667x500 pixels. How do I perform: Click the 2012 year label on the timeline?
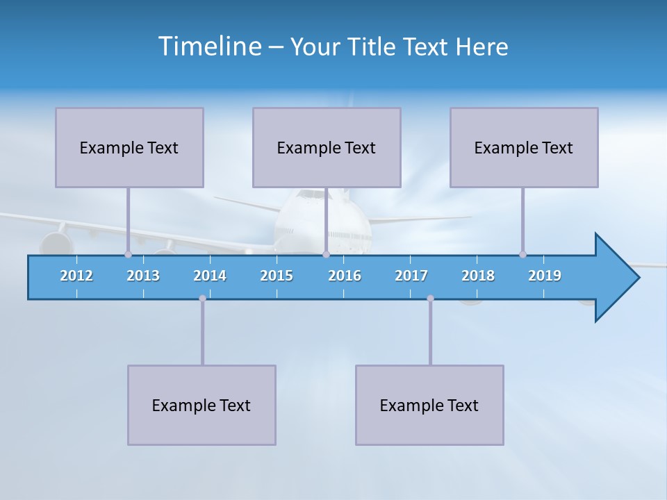click(76, 276)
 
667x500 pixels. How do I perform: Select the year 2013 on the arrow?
click(143, 276)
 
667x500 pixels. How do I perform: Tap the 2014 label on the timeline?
click(210, 276)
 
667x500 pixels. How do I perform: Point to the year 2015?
click(277, 276)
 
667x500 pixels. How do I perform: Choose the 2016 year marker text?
click(345, 276)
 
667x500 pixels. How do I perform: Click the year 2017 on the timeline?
click(411, 276)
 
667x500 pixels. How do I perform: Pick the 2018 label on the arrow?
click(478, 276)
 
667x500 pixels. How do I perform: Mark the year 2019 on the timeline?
click(545, 276)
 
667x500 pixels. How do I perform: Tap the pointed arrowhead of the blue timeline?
click(618, 278)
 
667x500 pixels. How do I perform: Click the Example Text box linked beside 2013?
click(129, 147)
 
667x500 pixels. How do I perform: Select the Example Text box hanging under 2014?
click(201, 405)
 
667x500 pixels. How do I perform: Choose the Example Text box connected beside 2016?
click(327, 147)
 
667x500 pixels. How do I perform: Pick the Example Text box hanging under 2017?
click(429, 405)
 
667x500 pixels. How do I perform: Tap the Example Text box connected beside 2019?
click(524, 147)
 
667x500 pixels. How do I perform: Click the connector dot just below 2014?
click(202, 299)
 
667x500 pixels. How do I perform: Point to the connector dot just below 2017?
click(430, 299)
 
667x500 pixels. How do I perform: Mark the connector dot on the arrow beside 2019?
click(522, 254)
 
